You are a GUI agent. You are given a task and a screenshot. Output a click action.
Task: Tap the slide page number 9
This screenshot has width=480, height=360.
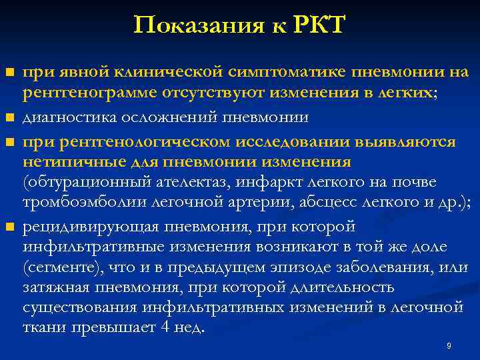point(449,346)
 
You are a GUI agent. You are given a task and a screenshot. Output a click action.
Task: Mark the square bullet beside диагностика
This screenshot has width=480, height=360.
point(9,119)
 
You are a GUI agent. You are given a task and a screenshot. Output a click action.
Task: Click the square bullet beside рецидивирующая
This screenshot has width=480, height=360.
point(9,228)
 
